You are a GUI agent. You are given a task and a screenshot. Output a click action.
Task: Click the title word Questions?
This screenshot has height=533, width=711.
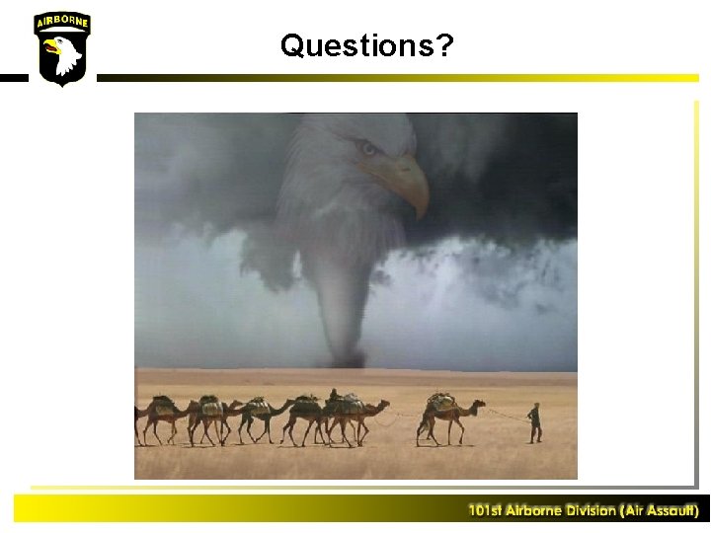pos(366,45)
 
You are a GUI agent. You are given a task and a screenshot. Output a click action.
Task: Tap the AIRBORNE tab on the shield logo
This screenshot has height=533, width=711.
pos(62,22)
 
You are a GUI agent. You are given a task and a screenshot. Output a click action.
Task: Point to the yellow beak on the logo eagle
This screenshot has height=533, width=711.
pos(49,45)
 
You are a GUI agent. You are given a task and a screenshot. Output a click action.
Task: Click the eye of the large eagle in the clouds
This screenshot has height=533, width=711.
pos(369,149)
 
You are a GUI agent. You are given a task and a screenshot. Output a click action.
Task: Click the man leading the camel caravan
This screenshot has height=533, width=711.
pos(534,422)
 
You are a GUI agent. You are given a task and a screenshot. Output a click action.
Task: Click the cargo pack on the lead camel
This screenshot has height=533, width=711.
pos(440,403)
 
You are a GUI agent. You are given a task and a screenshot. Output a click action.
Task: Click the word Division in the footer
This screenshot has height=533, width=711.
pos(591,510)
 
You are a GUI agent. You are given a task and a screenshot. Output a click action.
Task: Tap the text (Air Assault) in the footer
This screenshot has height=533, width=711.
pos(659,510)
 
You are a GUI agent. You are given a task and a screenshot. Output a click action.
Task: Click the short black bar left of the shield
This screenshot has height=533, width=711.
pos(13,77)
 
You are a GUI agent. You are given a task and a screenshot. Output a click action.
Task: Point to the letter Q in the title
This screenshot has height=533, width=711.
pos(292,44)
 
